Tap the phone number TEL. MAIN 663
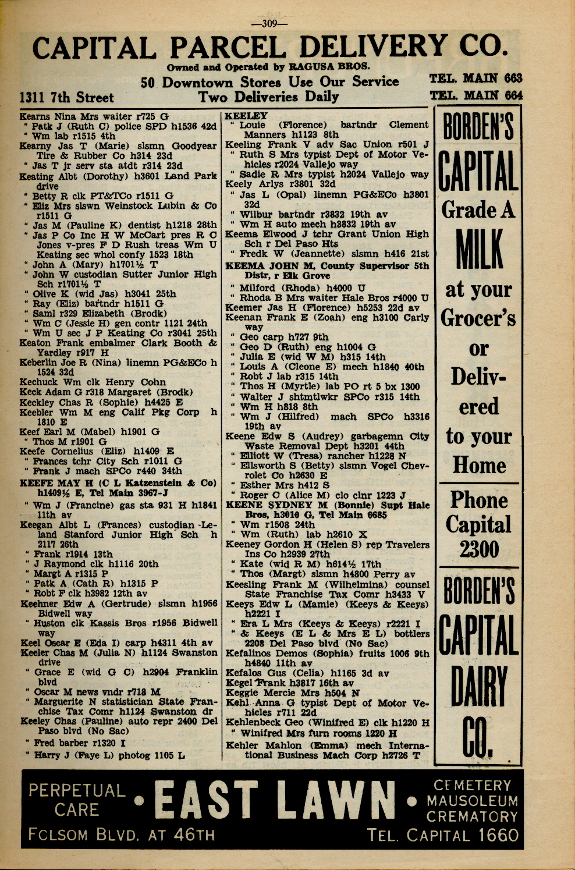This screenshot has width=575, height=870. point(475,79)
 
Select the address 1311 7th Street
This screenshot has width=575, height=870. point(67,97)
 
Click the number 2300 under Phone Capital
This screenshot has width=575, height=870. point(478,549)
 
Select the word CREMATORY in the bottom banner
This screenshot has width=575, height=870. point(471,816)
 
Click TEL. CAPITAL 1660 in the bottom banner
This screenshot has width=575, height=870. point(442,836)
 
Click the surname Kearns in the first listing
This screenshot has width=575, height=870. point(36,116)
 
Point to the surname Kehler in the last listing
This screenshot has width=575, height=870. point(243,745)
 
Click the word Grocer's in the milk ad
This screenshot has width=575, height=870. point(478,318)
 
